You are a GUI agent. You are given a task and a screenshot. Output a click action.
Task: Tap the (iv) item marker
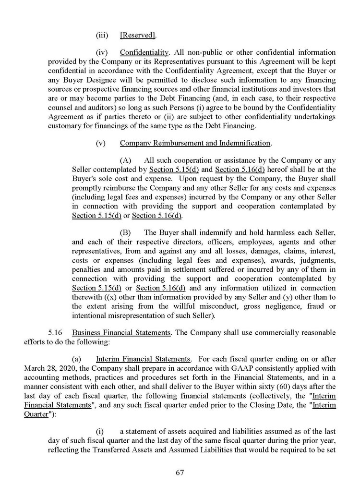pos(102,52)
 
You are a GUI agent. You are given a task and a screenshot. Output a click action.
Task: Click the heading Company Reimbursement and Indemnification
pos(195,143)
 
